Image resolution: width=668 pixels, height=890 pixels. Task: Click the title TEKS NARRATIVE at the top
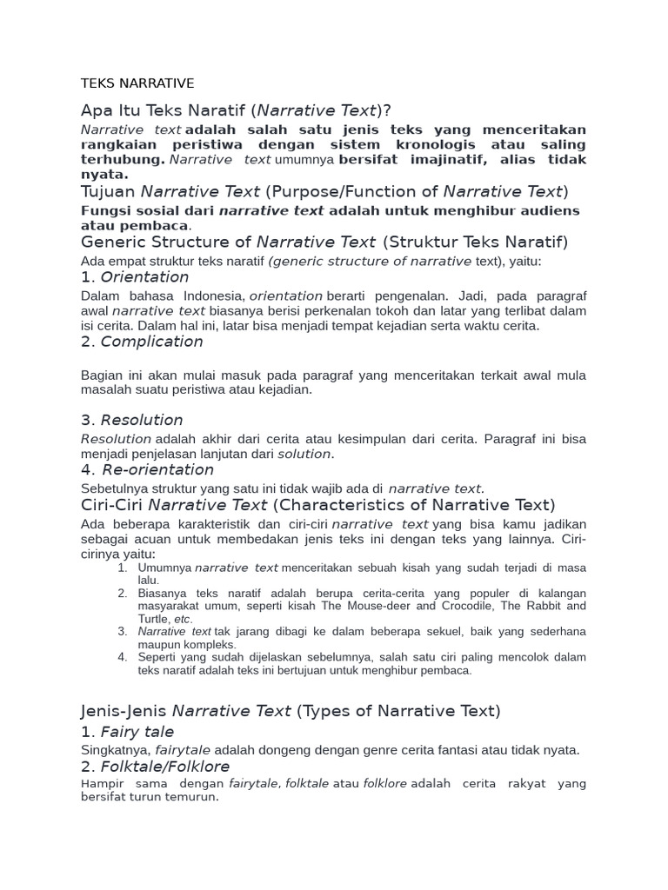pyautogui.click(x=137, y=83)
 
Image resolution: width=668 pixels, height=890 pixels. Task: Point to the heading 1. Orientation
pyautogui.click(x=135, y=277)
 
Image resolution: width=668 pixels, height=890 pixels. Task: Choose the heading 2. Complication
pyautogui.click(x=142, y=342)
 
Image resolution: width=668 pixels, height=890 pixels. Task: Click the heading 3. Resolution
pyautogui.click(x=132, y=420)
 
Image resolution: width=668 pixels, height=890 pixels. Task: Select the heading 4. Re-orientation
pyautogui.click(x=147, y=470)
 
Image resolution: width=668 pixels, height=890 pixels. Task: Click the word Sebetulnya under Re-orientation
pyautogui.click(x=116, y=488)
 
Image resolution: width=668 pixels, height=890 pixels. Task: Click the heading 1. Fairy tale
pyautogui.click(x=128, y=732)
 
